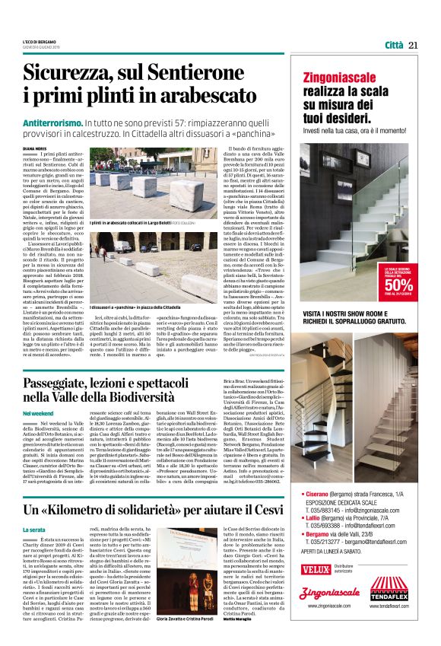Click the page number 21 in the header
414,45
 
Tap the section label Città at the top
393,45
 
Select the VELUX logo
316,568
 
